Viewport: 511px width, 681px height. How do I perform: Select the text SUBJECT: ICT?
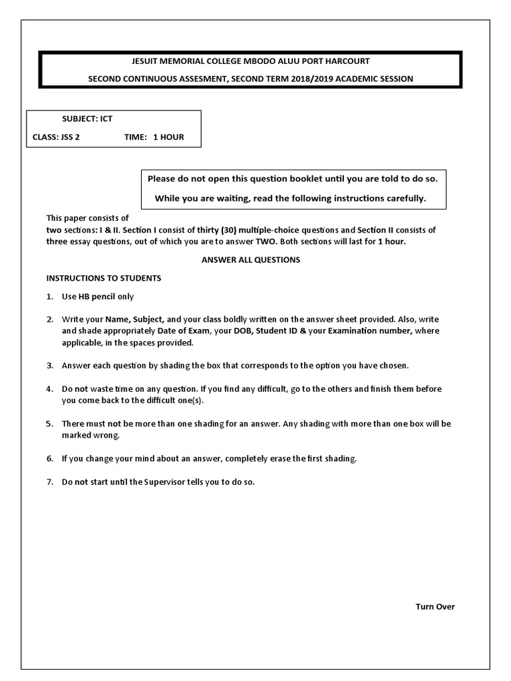[87, 120]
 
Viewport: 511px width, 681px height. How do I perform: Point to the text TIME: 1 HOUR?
[154, 137]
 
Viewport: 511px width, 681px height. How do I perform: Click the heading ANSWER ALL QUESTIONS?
[251, 259]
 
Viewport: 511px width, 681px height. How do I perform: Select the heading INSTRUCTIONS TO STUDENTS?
[103, 277]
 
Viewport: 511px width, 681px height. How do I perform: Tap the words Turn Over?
[435, 607]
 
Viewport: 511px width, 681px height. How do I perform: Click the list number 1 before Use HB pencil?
[49, 297]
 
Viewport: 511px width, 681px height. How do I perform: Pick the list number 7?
[49, 482]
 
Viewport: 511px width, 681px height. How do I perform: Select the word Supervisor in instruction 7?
[166, 482]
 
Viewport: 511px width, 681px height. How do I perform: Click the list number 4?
[49, 388]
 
